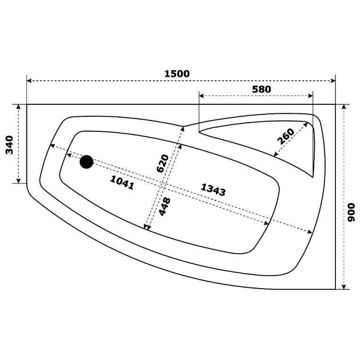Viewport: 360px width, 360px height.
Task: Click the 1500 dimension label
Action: tap(177, 74)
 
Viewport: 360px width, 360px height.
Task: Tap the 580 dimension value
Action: tap(262, 89)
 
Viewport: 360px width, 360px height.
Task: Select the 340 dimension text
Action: tap(9, 145)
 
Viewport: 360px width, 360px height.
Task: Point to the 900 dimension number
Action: tap(351, 213)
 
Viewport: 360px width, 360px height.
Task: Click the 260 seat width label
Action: tap(286, 137)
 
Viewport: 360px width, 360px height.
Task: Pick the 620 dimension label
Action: tap(163, 163)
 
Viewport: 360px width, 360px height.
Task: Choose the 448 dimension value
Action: tap(165, 206)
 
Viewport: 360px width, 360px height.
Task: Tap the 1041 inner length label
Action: tap(122, 182)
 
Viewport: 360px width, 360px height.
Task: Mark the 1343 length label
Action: tap(213, 190)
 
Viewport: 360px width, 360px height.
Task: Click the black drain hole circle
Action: tap(86, 162)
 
